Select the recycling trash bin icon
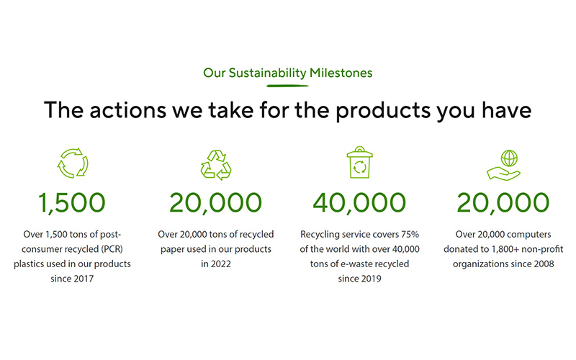(x=359, y=162)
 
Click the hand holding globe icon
(x=503, y=163)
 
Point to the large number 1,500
(x=72, y=204)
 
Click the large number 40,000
(x=359, y=204)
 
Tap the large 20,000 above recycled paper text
(x=215, y=204)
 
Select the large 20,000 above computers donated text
(x=503, y=204)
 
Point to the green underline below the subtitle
(x=288, y=85)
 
